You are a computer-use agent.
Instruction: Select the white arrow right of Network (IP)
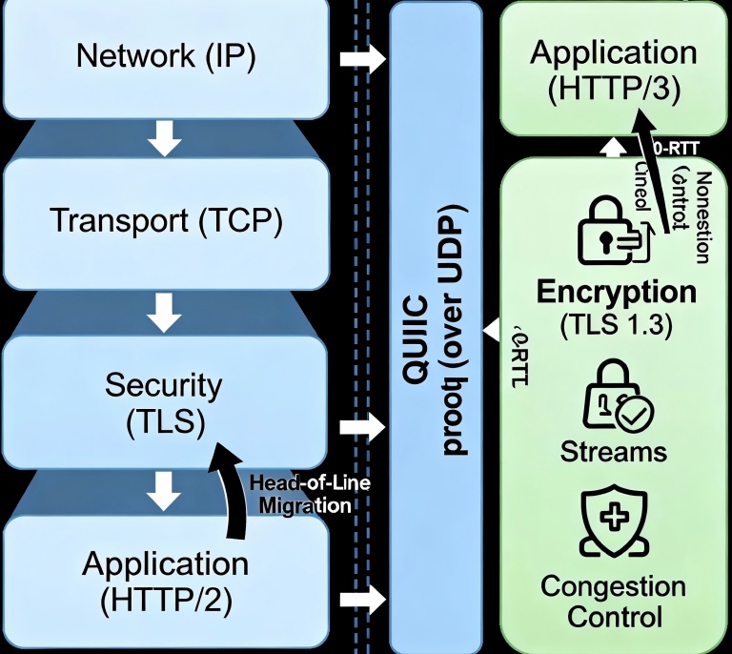[361, 59]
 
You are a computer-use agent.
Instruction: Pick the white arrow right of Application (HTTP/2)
[361, 600]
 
